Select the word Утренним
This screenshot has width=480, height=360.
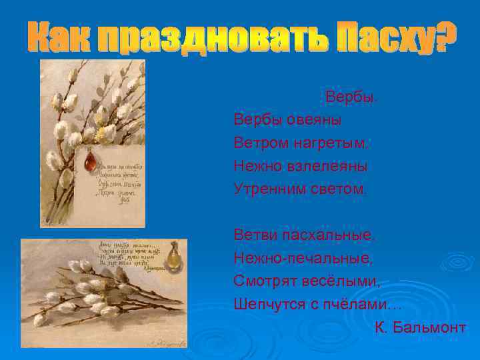pyautogui.click(x=269, y=189)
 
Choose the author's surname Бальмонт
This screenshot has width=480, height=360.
pyautogui.click(x=430, y=328)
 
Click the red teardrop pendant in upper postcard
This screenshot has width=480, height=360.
pyautogui.click(x=91, y=161)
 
